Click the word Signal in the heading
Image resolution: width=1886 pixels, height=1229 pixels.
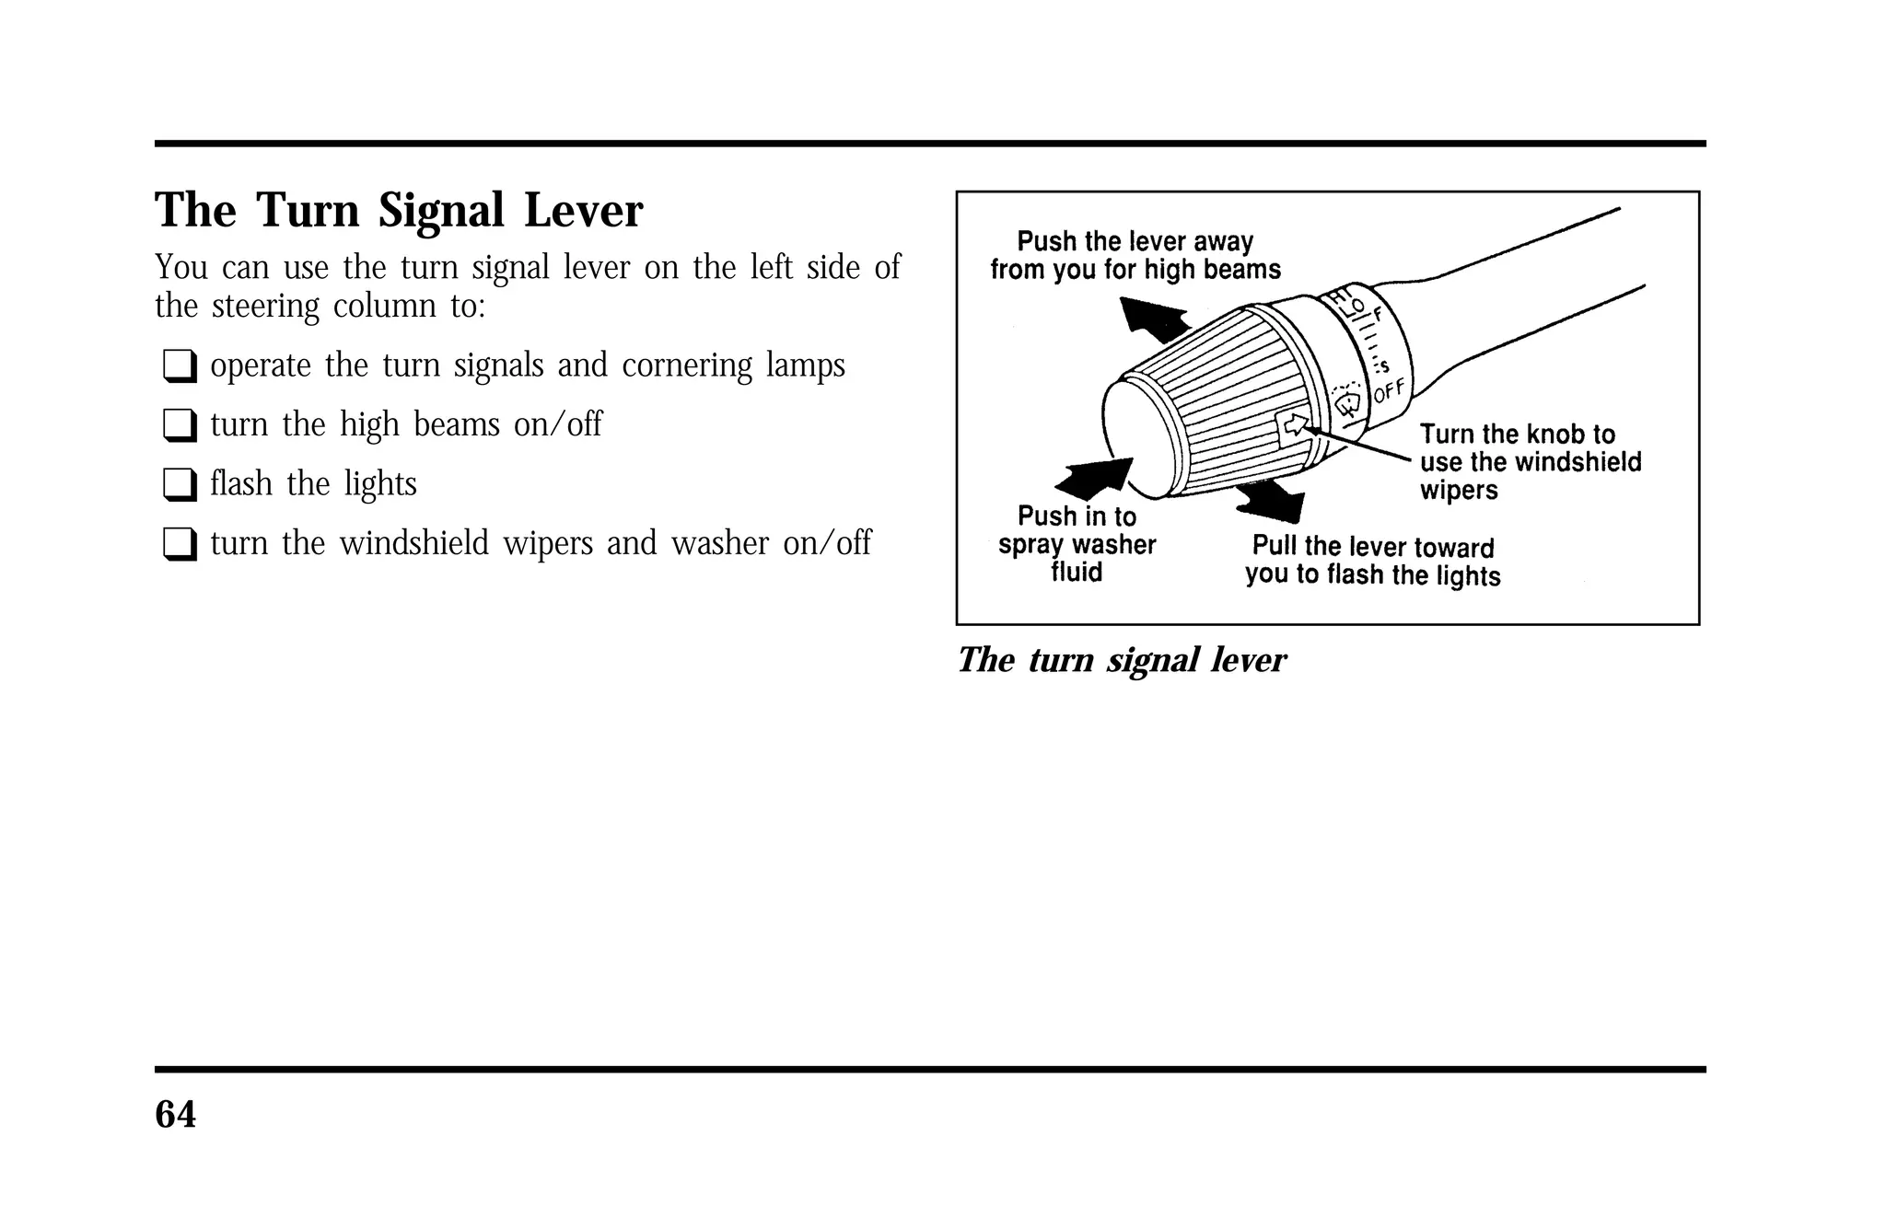pos(440,212)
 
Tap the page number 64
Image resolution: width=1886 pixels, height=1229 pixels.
pos(175,1115)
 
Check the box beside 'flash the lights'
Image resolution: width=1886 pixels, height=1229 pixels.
pos(180,484)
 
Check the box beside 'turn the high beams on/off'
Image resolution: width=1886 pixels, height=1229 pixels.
pos(180,425)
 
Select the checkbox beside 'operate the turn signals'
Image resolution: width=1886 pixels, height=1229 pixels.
pos(180,366)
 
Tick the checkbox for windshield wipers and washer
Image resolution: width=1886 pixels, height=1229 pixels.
pos(180,544)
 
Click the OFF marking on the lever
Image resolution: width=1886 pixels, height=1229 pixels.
pos(1390,390)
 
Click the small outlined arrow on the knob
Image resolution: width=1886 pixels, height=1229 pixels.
pos(1295,424)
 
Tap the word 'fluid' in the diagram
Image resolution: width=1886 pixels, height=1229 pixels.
pos(1077,573)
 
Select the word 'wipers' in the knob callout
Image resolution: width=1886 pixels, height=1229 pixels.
pos(1459,490)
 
